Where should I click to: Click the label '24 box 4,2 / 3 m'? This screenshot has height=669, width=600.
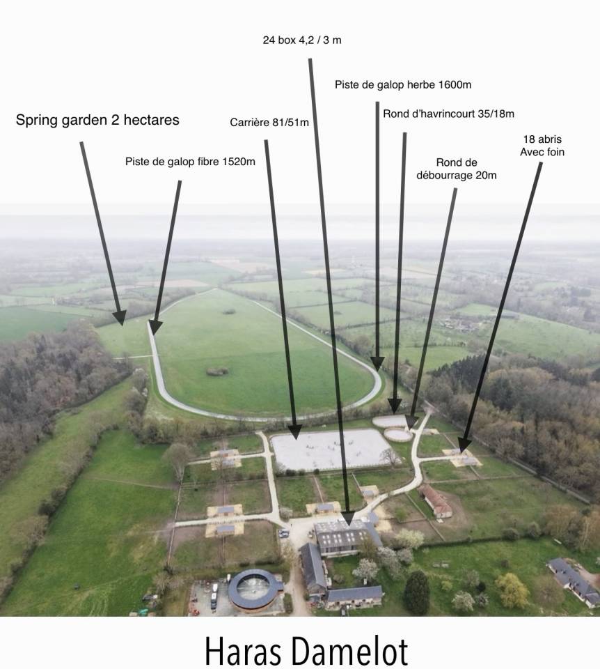(x=301, y=40)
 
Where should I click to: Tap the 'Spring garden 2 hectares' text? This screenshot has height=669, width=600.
(x=97, y=120)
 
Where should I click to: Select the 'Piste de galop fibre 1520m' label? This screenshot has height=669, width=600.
(x=190, y=162)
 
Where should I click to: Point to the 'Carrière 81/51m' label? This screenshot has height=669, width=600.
(x=269, y=123)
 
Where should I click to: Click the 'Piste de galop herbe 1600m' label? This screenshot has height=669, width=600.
(x=403, y=84)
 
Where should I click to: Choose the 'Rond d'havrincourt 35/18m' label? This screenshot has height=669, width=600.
(x=448, y=114)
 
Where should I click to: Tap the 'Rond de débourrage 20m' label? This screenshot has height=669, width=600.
(x=457, y=169)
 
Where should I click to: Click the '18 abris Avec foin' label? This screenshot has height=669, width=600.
(x=542, y=146)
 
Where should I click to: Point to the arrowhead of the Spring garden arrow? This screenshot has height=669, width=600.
(x=120, y=318)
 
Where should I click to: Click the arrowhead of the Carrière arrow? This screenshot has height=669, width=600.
(x=294, y=432)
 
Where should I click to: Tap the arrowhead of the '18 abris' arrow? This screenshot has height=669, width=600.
(x=464, y=445)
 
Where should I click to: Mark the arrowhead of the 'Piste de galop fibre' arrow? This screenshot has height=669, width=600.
(x=155, y=327)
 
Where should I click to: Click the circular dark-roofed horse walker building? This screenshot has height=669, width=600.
(x=255, y=590)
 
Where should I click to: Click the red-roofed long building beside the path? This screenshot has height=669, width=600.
(x=435, y=500)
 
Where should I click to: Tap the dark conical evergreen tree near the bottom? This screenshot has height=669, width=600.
(x=416, y=592)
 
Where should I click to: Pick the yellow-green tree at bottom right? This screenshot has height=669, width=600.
(x=512, y=590)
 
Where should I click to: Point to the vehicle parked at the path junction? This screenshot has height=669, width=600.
(x=284, y=533)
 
